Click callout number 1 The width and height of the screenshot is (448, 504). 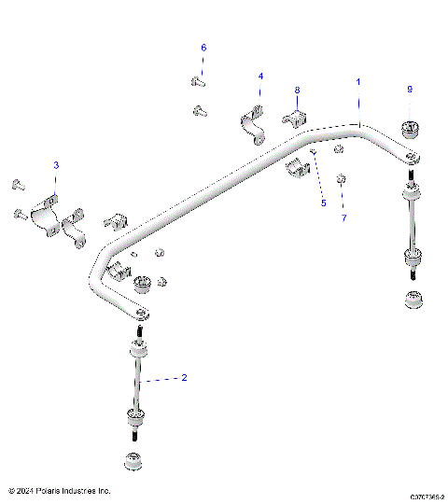click(x=358, y=82)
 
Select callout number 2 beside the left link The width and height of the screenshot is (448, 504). click(x=184, y=378)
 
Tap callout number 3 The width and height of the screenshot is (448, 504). click(x=55, y=165)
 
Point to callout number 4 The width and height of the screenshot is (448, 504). click(x=260, y=76)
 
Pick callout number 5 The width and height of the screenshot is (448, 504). click(x=324, y=202)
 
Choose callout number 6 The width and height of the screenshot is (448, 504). click(x=203, y=48)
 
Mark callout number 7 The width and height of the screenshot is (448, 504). click(x=343, y=217)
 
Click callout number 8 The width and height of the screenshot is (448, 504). click(x=298, y=91)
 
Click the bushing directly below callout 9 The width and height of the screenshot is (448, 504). click(x=409, y=129)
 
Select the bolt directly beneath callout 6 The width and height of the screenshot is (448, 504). click(x=198, y=82)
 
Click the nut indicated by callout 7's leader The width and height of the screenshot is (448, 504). click(x=343, y=178)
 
